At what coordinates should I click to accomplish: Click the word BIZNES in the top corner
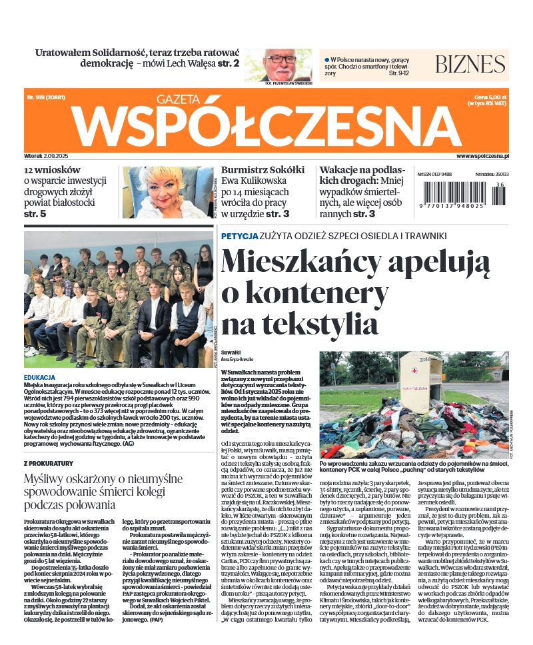(470, 64)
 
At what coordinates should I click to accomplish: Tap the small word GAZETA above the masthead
(179, 99)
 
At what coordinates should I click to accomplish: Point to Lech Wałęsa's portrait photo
(286, 65)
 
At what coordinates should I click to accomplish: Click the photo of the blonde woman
(167, 193)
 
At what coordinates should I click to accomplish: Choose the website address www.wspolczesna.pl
(483, 155)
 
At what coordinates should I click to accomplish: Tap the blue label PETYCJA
(240, 236)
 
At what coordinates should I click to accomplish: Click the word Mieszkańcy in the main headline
(314, 261)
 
